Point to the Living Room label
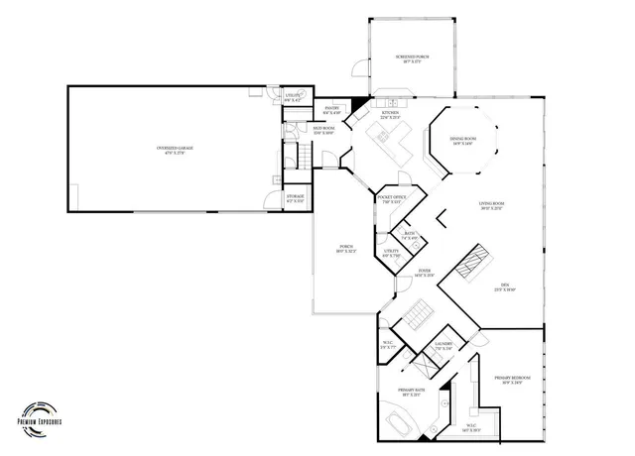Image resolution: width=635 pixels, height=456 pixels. (492, 206)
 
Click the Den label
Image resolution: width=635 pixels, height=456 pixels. (504, 287)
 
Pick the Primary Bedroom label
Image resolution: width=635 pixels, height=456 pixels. (512, 380)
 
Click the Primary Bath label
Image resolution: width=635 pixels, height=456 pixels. (411, 393)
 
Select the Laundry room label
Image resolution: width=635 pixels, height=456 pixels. (444, 346)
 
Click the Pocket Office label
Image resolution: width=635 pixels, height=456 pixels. (393, 200)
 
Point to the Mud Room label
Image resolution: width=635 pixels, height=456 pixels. (325, 131)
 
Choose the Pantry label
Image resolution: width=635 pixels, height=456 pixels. (333, 109)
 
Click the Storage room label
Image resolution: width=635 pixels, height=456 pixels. (296, 200)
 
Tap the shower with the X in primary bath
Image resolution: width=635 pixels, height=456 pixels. (422, 365)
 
